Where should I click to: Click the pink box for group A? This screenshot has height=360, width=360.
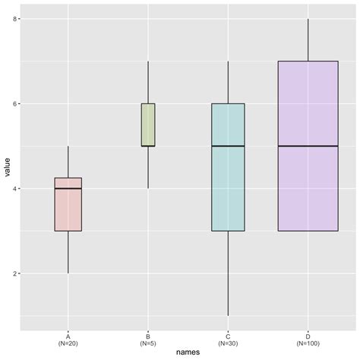click(x=68, y=205)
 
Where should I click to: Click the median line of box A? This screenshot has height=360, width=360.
click(x=68, y=188)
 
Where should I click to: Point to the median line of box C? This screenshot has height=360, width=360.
click(x=228, y=146)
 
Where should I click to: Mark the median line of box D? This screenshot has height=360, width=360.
click(x=308, y=146)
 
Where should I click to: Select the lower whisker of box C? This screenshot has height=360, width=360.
click(x=228, y=273)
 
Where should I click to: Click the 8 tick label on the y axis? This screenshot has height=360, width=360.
click(x=16, y=18)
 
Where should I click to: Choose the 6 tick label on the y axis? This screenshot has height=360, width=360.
click(x=16, y=103)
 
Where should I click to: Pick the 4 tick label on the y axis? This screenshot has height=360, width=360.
click(x=16, y=188)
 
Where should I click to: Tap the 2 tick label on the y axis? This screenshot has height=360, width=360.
click(x=16, y=273)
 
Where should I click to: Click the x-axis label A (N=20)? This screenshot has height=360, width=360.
click(x=68, y=339)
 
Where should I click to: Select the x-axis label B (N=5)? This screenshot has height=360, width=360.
click(x=148, y=339)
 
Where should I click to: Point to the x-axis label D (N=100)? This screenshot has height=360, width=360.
click(x=308, y=339)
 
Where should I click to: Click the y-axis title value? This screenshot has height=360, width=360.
click(x=6, y=174)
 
